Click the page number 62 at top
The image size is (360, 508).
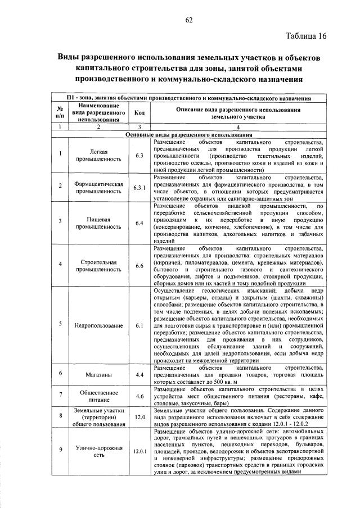click(x=189, y=21)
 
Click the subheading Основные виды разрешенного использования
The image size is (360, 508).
click(x=188, y=135)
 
